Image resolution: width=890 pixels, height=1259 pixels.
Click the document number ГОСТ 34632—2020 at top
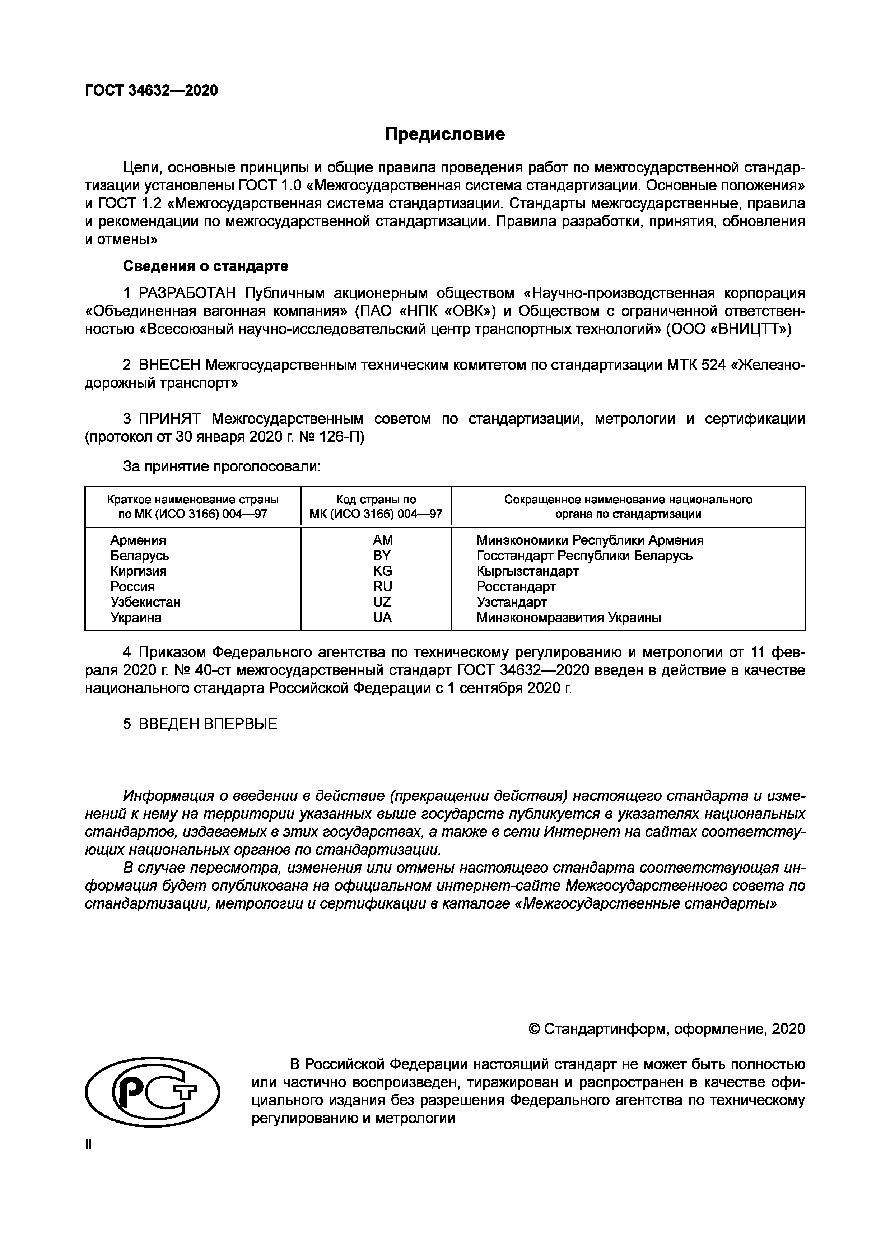point(152,90)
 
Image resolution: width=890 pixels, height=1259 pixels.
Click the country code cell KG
point(382,571)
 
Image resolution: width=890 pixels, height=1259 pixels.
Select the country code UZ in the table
point(382,602)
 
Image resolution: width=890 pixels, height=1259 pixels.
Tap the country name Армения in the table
point(138,540)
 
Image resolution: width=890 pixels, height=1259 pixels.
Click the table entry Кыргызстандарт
point(527,571)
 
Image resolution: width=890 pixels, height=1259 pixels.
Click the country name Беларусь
point(140,556)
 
